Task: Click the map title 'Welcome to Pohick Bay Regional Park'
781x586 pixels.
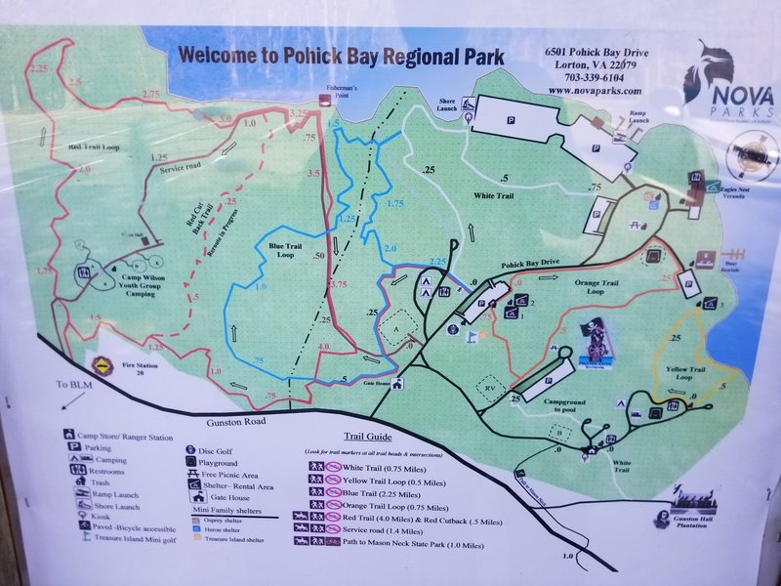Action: pyautogui.click(x=341, y=56)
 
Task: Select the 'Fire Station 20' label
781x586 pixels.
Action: pyautogui.click(x=140, y=367)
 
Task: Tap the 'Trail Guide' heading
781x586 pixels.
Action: pyautogui.click(x=366, y=438)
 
